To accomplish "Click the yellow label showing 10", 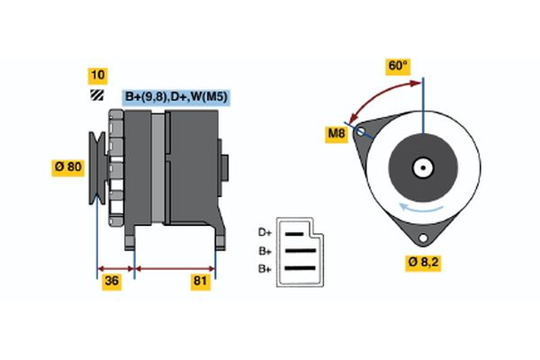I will [96, 75].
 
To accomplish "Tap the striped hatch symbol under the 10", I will [96, 95].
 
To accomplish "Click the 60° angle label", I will [397, 66].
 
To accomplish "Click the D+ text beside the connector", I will [265, 231].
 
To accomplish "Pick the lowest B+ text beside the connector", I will [265, 268].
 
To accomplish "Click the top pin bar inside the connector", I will [295, 232].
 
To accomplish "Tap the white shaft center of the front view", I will [422, 166].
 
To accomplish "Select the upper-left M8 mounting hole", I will [362, 131].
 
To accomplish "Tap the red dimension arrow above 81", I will [175, 268].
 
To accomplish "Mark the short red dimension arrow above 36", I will [115, 268].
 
